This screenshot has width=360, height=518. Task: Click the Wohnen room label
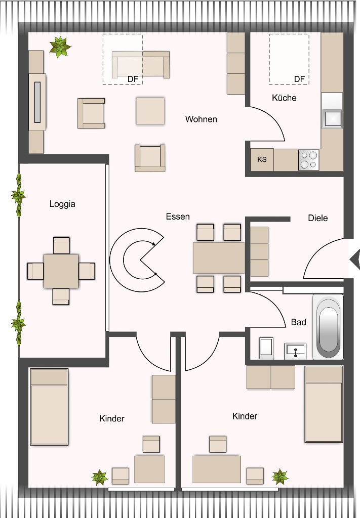(x=201, y=119)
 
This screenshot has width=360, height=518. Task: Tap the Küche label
(x=284, y=98)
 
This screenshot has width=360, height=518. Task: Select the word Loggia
(x=62, y=204)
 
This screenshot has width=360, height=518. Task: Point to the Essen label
(x=178, y=217)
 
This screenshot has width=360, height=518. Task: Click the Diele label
(x=318, y=218)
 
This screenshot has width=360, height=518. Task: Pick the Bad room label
(x=298, y=322)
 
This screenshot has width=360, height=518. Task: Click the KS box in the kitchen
(x=262, y=159)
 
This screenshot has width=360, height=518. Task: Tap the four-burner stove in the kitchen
(x=308, y=160)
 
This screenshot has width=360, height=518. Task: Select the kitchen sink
(x=332, y=118)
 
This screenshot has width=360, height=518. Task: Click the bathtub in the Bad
(x=328, y=326)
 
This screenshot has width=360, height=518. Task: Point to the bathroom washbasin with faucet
(x=295, y=349)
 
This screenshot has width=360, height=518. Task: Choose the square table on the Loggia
(x=61, y=271)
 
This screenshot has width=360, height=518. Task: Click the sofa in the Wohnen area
(x=141, y=64)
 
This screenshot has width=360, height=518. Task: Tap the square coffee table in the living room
(x=150, y=111)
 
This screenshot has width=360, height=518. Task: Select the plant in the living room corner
(x=60, y=47)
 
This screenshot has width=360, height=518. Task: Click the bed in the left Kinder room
(x=49, y=407)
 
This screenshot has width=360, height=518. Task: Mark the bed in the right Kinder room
(x=324, y=404)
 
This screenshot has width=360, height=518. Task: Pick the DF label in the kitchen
(x=299, y=79)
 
